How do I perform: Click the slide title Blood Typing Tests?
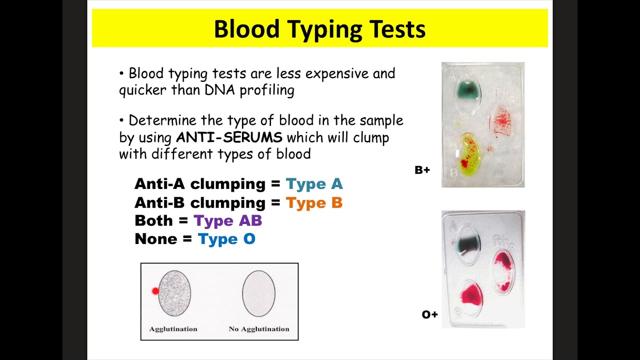[319, 29]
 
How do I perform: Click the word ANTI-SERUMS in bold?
[229, 137]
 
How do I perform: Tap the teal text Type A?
[314, 184]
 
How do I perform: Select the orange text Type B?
[314, 202]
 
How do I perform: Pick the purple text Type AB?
[227, 220]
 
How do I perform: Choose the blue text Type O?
[226, 239]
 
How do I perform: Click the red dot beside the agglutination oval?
[155, 291]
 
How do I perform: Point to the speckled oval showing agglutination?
[174, 293]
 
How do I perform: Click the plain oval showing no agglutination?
[258, 293]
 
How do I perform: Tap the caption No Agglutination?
[258, 329]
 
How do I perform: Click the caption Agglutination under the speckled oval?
[173, 329]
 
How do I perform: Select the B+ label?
[422, 170]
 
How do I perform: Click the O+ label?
[429, 314]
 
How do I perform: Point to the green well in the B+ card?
[467, 91]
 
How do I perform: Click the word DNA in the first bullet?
[217, 90]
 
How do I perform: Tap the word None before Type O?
[155, 239]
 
